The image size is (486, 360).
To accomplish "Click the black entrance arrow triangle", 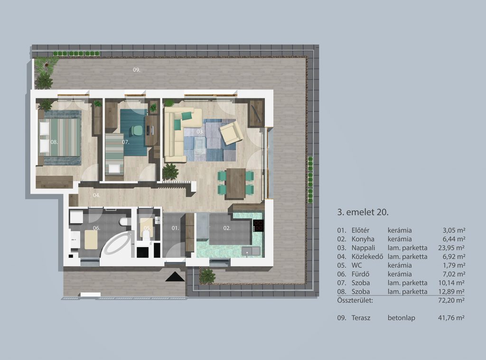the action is point(175,276).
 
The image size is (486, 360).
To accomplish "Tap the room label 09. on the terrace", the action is point(137,70).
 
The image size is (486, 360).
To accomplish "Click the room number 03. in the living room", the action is point(200,132).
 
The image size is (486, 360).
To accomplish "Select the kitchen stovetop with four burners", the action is point(259,226).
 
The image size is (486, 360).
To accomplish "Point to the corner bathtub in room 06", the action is point(115,245).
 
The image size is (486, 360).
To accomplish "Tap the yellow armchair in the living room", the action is point(231,133).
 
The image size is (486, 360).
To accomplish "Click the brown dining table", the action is point(236,183).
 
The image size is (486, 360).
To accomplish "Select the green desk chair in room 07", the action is point(135,130).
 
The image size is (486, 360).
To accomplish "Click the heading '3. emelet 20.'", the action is point(363,212).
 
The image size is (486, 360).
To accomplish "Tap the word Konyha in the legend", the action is point(363,239).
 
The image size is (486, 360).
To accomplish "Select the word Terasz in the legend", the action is point(361,318).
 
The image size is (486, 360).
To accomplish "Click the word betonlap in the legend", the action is point(402,318).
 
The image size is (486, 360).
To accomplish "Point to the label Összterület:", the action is point(355,300).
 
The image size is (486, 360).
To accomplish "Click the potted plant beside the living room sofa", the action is point(170,171).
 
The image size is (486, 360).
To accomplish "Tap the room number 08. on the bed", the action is point(54,142).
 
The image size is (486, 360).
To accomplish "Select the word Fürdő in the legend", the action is point(360,274).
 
